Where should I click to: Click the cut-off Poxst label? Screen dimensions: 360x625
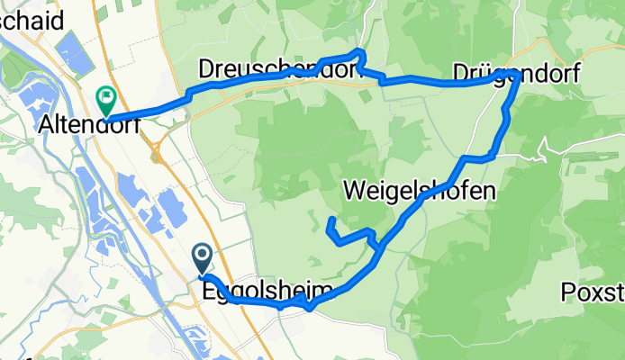click(592, 292)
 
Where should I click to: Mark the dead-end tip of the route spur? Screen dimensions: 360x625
click(332, 220)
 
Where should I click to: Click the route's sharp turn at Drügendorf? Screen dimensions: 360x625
click(512, 73)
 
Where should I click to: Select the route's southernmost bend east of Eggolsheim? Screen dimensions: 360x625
click(310, 309)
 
